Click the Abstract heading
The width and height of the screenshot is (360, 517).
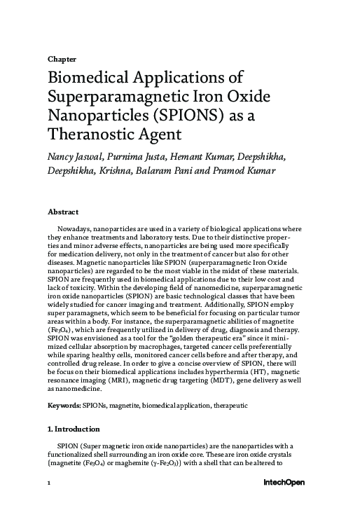pyautogui.click(x=62, y=212)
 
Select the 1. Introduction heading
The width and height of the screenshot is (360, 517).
pyautogui.click(x=74, y=429)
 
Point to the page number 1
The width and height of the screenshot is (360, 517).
pyautogui.click(x=49, y=483)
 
